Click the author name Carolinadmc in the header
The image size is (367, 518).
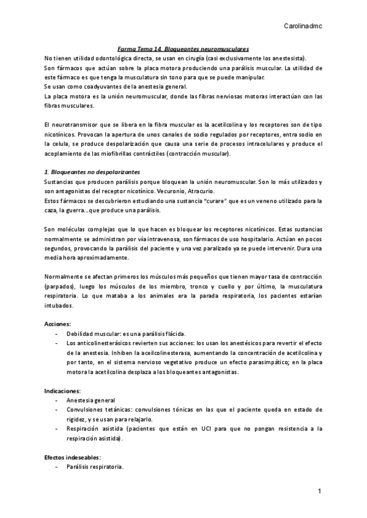coord(303,26)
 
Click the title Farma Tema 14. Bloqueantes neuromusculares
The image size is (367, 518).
coord(183,49)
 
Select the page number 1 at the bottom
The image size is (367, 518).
coord(319,491)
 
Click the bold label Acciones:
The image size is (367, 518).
coord(57,323)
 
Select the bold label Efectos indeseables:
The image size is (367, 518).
coord(72,457)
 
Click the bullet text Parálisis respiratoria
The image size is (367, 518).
coord(95,467)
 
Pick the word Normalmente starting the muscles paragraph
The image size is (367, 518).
coord(65,276)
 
